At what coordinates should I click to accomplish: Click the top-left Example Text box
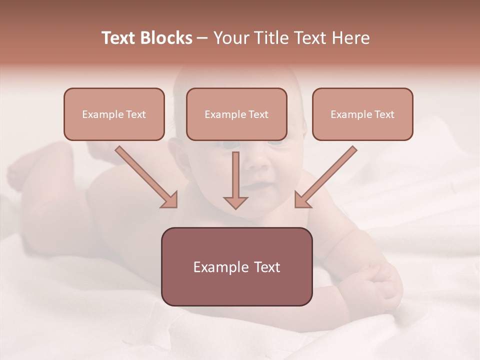pos(114,114)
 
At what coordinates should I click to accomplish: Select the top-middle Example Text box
pos(236,114)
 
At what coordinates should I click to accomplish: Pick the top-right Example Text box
pos(362,114)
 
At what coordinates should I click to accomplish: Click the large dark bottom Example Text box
pos(236,266)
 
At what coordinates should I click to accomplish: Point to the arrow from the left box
pos(145,176)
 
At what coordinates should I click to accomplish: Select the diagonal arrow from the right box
pos(327,176)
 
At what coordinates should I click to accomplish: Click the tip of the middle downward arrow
pos(235,207)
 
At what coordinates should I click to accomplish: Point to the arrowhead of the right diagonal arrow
pos(301,201)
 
